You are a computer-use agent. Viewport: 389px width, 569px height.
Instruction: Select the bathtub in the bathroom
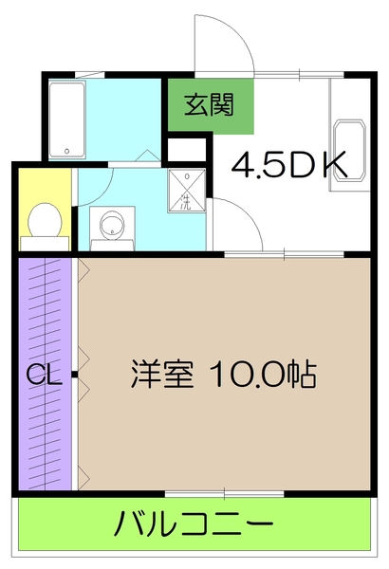point(67,119)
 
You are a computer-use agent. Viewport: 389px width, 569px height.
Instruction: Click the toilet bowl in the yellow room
point(44,222)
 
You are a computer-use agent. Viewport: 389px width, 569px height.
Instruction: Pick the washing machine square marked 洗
point(186,191)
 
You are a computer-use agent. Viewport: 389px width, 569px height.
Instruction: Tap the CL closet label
point(44,375)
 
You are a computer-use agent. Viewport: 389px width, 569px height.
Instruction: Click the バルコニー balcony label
point(195,523)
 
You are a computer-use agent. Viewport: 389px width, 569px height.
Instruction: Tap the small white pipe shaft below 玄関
point(186,150)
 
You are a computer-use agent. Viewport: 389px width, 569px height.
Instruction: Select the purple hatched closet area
point(44,313)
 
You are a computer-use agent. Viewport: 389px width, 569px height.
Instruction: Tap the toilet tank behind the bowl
point(44,243)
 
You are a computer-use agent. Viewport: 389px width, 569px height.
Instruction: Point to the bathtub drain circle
point(67,151)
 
